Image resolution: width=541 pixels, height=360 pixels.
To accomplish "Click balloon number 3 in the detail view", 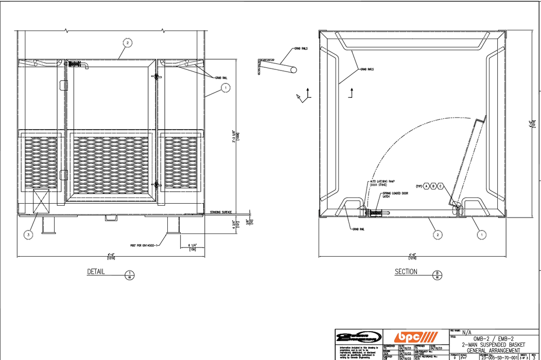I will pos(29,235).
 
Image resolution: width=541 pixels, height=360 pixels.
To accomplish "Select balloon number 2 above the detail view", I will pos(128,42).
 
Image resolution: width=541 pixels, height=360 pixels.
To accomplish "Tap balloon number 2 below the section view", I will pos(438,235).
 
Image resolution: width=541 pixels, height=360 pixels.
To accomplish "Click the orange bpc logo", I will pos(415,337).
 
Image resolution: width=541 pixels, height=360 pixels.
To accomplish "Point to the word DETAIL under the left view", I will pos(96,272).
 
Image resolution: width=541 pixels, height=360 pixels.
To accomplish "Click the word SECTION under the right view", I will pos(406,272).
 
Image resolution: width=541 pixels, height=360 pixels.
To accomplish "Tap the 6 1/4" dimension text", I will pos(191,246).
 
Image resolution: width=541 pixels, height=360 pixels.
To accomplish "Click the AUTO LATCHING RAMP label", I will pos(381,183).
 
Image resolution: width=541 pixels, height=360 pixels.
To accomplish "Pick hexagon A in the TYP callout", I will pos(426,186).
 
